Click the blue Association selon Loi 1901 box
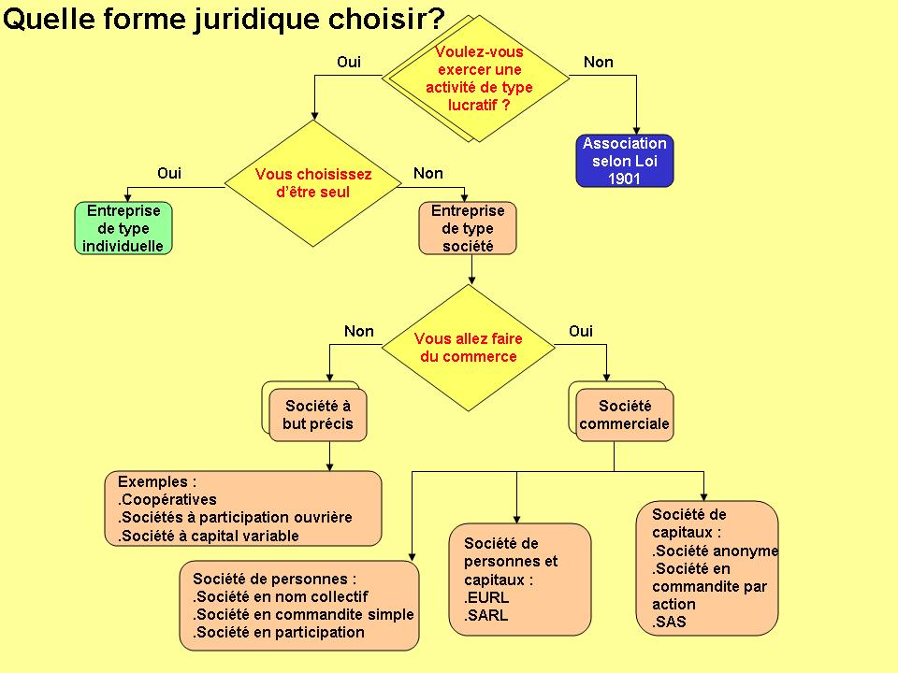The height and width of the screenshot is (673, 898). coord(624,161)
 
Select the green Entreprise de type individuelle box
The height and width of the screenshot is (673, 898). coord(123,228)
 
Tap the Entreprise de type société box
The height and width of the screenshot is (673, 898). coord(468,228)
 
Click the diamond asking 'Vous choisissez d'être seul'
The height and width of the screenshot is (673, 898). coord(313,183)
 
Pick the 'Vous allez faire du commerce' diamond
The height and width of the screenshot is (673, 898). coord(469,348)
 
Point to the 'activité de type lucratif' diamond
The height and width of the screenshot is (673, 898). coord(479,79)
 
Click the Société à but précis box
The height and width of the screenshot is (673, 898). coord(318,415)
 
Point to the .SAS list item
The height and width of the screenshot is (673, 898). coord(669,622)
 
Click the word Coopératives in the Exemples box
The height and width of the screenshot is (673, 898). coord(169,499)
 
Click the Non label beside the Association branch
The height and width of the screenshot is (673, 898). coord(599,62)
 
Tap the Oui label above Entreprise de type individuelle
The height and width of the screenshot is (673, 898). coord(169,173)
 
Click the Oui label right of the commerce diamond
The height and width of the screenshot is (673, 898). coord(581,331)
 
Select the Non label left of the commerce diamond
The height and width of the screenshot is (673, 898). coord(359,331)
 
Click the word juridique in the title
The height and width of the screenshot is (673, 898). coord(257,20)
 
